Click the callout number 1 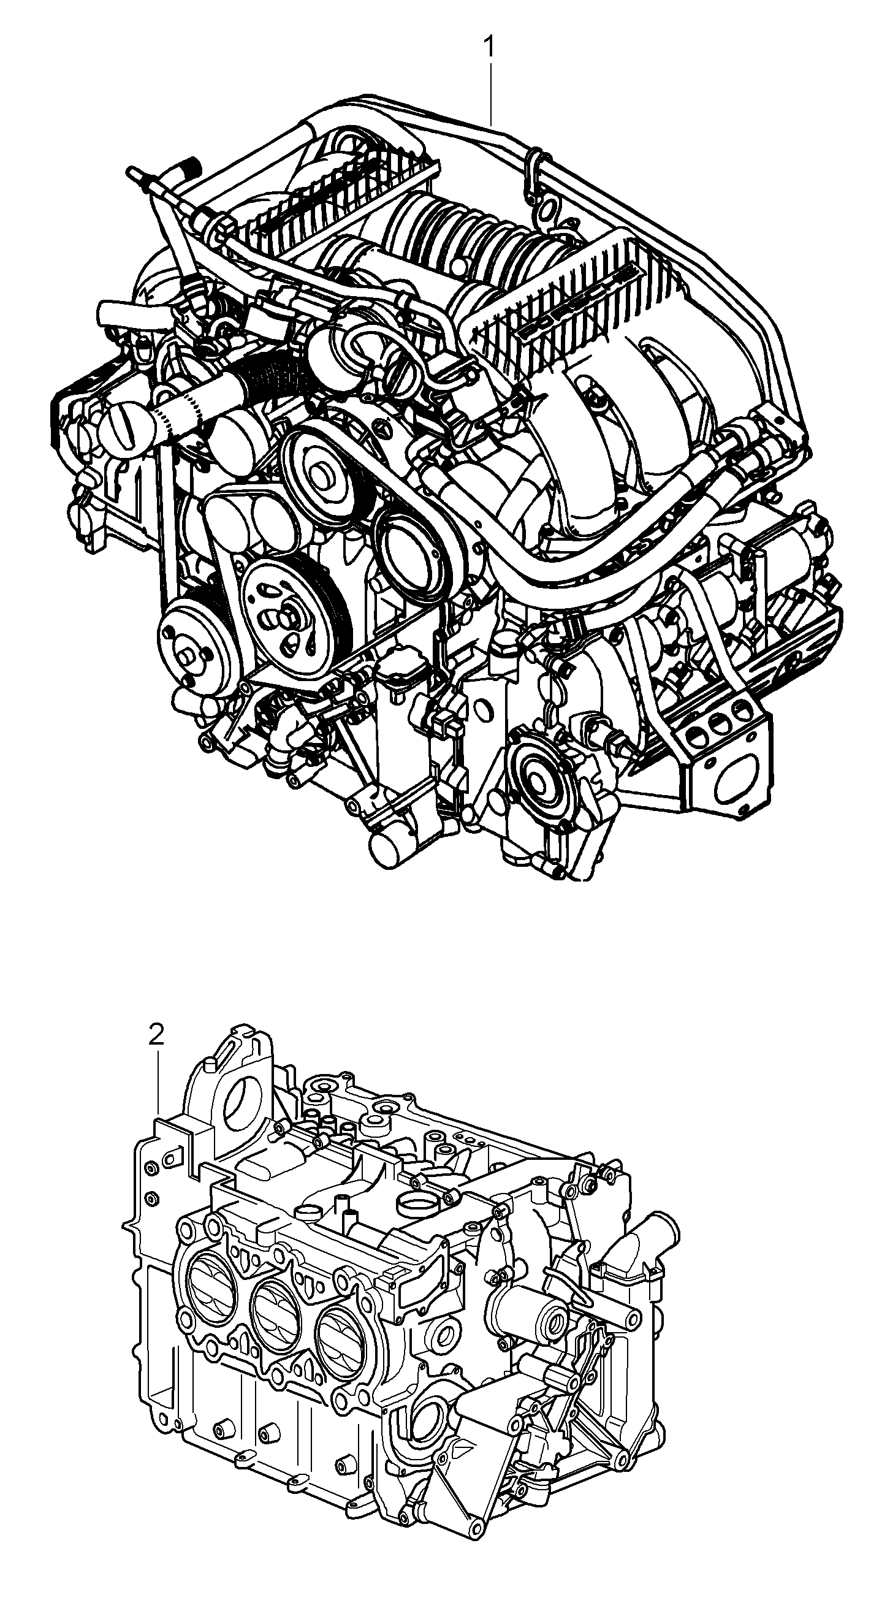[x=489, y=47]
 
